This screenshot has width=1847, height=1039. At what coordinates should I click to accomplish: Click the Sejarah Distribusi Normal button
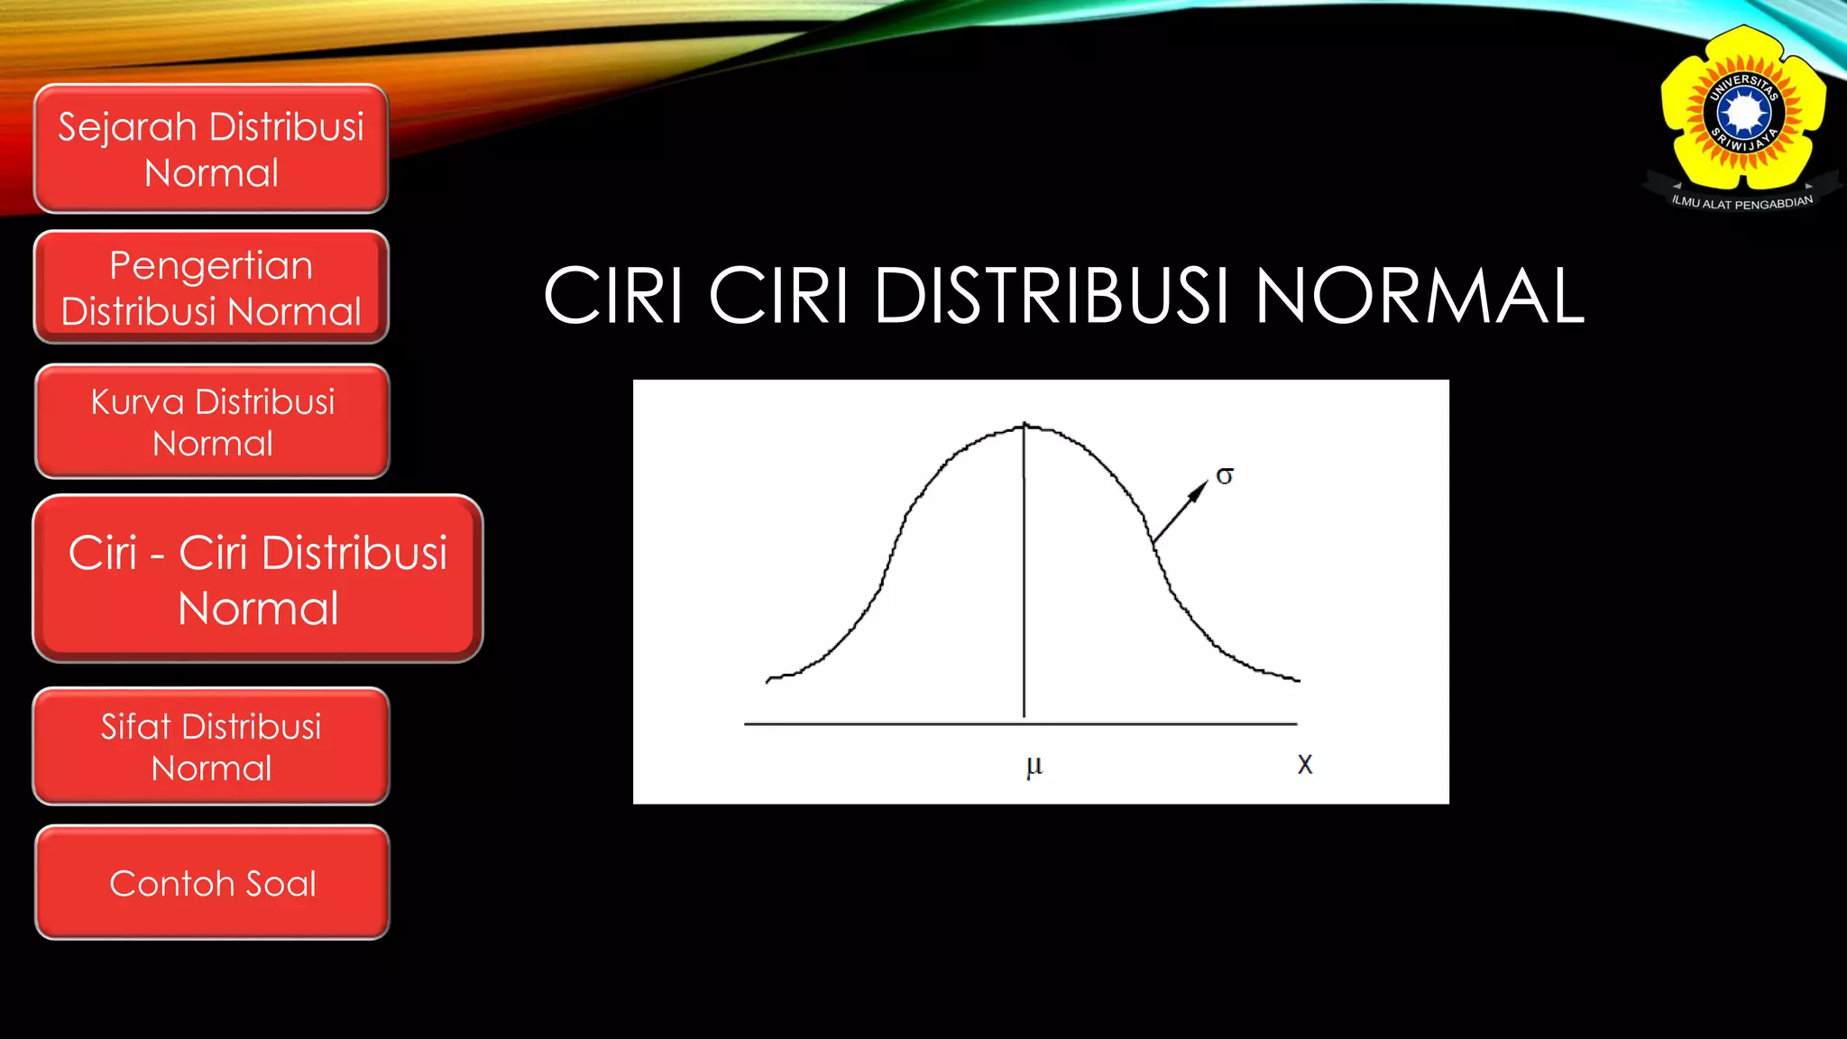211,149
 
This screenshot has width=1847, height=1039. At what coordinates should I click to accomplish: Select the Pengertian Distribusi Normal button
211,288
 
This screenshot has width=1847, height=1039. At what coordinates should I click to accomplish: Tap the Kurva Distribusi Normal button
212,421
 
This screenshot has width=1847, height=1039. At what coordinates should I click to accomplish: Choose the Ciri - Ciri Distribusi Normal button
258,579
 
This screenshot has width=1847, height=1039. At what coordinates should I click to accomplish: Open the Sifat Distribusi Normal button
211,747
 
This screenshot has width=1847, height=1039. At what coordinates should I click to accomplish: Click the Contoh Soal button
212,883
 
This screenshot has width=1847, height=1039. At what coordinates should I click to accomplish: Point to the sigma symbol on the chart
1225,475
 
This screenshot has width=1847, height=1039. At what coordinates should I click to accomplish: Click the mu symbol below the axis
1034,767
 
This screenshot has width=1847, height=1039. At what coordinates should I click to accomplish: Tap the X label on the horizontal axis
1304,765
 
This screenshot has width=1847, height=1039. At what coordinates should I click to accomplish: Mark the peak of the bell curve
1025,425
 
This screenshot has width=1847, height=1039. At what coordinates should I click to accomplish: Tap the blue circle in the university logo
1744,114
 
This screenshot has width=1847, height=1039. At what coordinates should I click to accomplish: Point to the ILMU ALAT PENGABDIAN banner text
1741,203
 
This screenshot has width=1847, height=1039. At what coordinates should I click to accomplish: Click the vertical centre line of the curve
1024,577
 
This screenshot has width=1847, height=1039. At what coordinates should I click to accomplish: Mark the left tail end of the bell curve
768,679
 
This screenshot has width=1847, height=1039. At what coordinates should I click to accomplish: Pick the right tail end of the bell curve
1297,679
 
